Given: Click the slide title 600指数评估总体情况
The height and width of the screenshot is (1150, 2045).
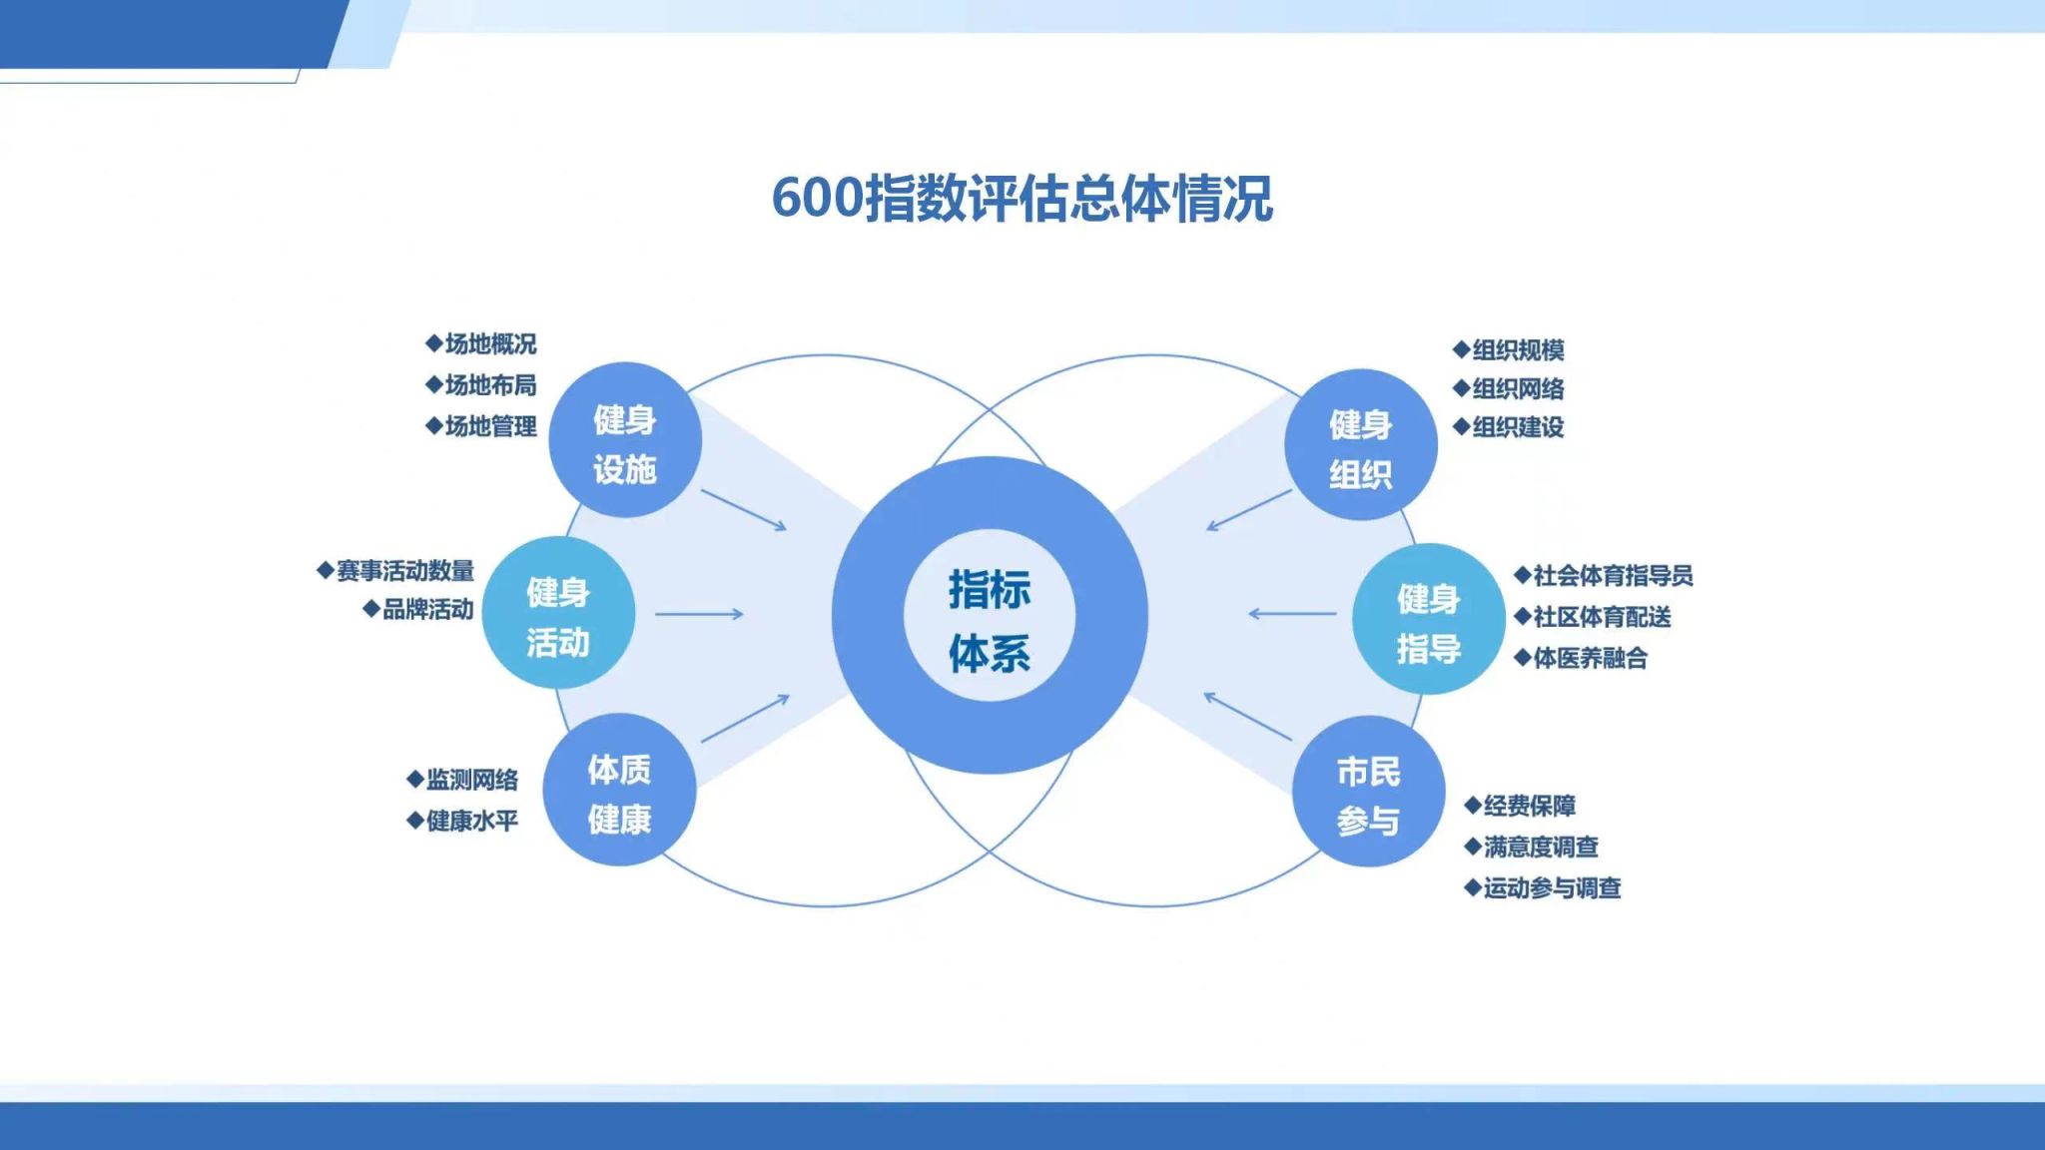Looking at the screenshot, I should click(1022, 198).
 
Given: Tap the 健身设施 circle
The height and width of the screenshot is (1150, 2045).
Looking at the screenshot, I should click(625, 440).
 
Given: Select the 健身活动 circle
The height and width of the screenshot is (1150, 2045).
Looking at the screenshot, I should click(558, 613).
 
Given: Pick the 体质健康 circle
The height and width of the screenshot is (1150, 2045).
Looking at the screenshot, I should click(619, 790).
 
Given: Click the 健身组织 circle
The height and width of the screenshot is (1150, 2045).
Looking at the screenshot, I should click(1360, 445).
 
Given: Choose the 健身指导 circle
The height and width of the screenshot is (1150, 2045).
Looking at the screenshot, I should click(1428, 619).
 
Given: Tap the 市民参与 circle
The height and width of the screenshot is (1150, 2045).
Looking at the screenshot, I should click(1368, 792).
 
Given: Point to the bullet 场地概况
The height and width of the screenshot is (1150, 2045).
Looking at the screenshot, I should click(481, 344).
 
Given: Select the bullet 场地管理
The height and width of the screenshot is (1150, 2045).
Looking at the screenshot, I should click(481, 426).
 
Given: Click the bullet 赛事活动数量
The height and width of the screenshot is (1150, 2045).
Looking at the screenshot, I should click(396, 571).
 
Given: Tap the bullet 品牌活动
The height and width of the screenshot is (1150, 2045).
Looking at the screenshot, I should click(418, 609).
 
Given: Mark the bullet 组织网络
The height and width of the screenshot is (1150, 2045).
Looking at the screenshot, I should click(1509, 388).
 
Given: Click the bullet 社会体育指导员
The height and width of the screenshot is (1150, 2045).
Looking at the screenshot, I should click(1604, 576).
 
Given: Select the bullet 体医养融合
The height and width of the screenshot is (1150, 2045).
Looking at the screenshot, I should click(1581, 658).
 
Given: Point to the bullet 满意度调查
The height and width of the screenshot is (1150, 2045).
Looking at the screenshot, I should click(1532, 847).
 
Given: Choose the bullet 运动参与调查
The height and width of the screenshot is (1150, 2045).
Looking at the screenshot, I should click(1543, 887).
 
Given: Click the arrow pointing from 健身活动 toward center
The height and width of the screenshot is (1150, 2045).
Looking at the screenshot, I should click(699, 614).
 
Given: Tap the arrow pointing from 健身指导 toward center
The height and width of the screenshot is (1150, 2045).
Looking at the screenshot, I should click(1292, 614).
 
